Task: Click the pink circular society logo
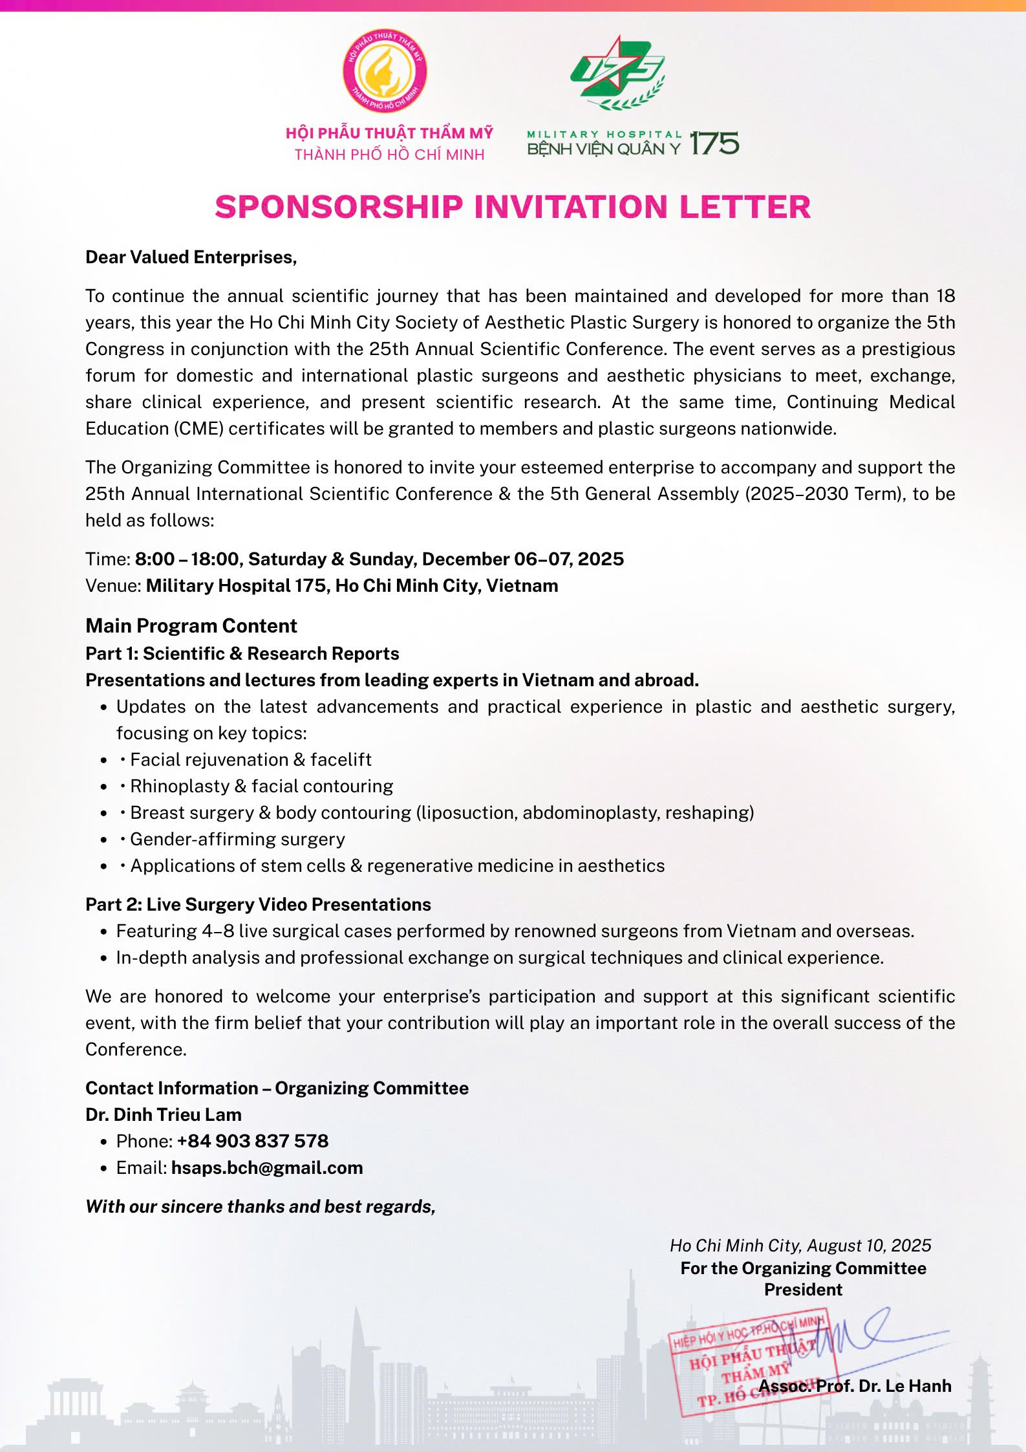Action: tap(384, 71)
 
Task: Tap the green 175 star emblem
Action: tap(617, 71)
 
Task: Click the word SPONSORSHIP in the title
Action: tap(339, 207)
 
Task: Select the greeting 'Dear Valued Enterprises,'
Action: tap(191, 257)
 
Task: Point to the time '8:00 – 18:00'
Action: tap(187, 559)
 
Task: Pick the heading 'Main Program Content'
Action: tap(191, 625)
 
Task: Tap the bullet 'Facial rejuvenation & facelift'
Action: tap(251, 759)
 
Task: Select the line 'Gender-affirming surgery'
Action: tap(237, 839)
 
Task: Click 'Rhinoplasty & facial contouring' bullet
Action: tap(261, 786)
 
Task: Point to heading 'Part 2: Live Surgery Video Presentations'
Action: tap(258, 904)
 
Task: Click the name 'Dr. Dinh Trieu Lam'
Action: tap(164, 1114)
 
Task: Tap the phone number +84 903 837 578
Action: tap(253, 1141)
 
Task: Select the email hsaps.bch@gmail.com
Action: tap(267, 1167)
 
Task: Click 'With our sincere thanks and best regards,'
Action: tap(261, 1206)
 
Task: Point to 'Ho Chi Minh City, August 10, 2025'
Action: tap(800, 1245)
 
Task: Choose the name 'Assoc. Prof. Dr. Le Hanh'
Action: tap(855, 1385)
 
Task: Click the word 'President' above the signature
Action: tap(803, 1289)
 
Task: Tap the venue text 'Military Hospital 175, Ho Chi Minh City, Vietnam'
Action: tap(352, 585)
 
